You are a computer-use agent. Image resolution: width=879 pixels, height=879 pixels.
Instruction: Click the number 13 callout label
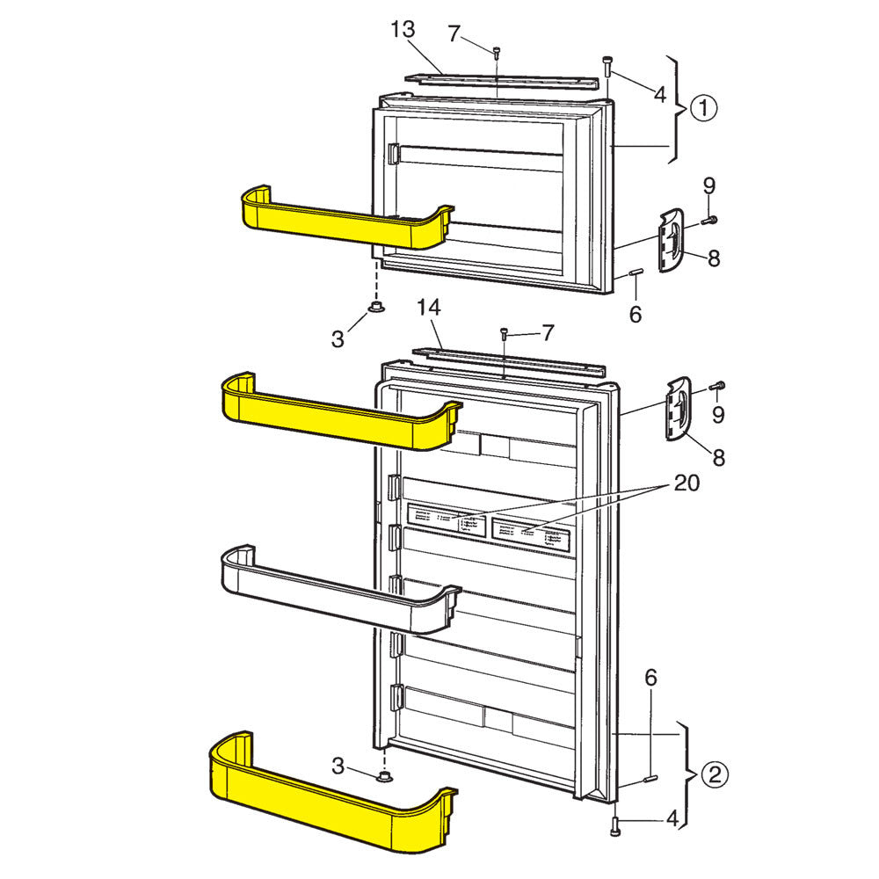pyautogui.click(x=403, y=31)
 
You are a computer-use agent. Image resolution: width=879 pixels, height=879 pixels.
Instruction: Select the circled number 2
pyautogui.click(x=713, y=774)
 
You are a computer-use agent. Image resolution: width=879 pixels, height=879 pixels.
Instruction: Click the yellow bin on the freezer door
pyautogui.click(x=343, y=220)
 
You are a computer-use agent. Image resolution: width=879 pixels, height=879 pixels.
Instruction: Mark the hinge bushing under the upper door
pyautogui.click(x=376, y=306)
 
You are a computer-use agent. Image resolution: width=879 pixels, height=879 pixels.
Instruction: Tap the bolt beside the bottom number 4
pyautogui.click(x=615, y=824)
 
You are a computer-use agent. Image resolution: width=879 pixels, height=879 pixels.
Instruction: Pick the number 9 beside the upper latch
pyautogui.click(x=709, y=186)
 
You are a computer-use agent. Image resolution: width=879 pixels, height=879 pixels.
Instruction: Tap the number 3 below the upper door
pyautogui.click(x=338, y=339)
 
